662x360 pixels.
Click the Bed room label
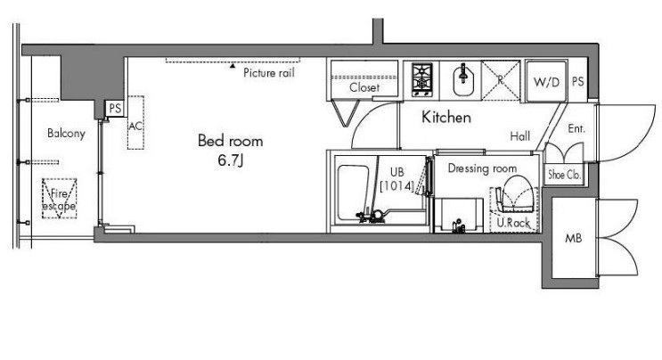point(230,141)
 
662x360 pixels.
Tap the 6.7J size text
point(231,160)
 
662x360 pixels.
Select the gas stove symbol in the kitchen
point(421,79)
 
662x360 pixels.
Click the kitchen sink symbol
point(463,80)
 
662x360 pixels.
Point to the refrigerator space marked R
point(501,80)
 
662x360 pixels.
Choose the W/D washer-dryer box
point(546,81)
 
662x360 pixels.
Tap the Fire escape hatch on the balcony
point(59,199)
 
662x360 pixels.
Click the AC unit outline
point(136,123)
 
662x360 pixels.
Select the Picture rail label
point(269,72)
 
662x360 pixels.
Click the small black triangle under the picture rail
point(233,65)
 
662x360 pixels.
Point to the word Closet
point(364,87)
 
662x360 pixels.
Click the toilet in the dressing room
point(514,198)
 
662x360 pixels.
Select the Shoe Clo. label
point(565,174)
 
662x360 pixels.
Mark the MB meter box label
point(573,239)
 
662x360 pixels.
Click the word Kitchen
point(446,117)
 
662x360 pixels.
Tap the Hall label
point(520,136)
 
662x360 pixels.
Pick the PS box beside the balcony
point(115,109)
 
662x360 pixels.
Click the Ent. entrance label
point(576,128)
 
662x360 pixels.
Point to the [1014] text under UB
point(396,186)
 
